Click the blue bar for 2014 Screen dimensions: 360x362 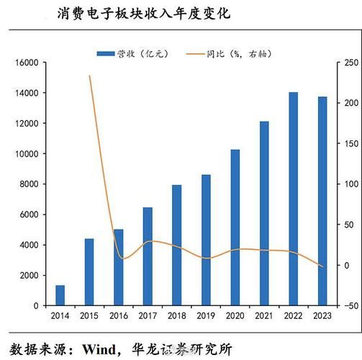(x=60, y=295)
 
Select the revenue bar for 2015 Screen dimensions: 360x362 (x=89, y=271)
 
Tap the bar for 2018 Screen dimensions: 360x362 (x=176, y=245)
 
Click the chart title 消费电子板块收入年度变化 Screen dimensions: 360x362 (x=145, y=13)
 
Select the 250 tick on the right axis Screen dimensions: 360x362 (x=350, y=63)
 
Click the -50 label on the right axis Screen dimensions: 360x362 (x=350, y=306)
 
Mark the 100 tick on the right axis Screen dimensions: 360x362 (x=350, y=184)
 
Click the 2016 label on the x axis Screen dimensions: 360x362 (x=118, y=316)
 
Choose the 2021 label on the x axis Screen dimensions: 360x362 (x=264, y=316)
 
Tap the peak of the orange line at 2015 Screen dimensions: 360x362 (x=89, y=76)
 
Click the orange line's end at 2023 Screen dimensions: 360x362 (x=322, y=267)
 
